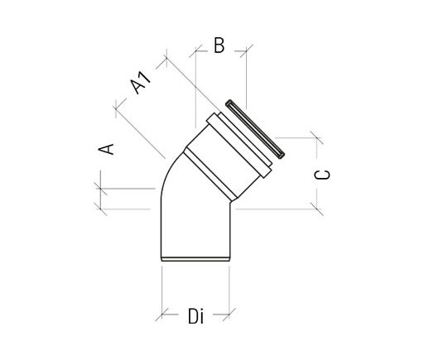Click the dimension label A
(105, 148)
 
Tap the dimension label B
(219, 47)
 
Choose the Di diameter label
(195, 315)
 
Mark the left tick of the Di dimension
(161, 315)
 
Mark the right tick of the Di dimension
(230, 315)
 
